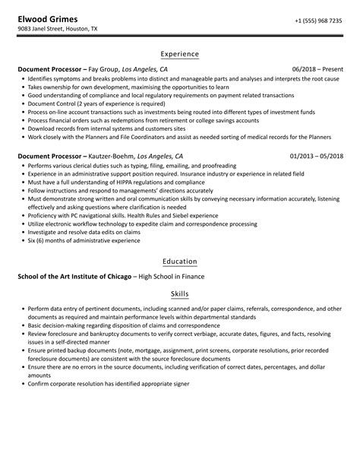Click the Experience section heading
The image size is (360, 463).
pos(180,54)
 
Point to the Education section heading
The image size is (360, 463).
pos(180,261)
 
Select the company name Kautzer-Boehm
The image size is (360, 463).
pos(114,156)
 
